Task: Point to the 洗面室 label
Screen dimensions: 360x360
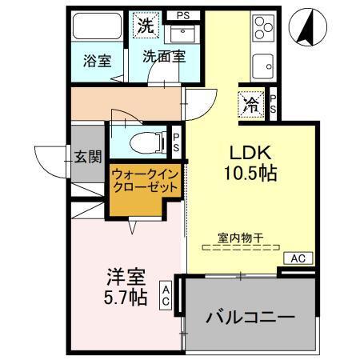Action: tap(164, 57)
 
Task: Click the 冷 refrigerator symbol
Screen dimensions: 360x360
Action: tap(250, 103)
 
